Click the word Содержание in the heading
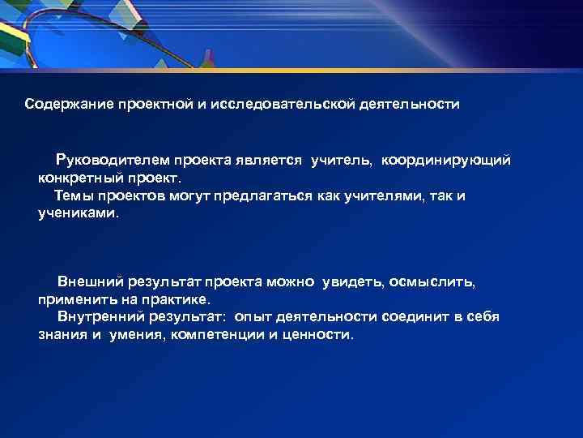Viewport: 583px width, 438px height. (68, 105)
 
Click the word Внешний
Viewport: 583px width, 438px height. (89, 281)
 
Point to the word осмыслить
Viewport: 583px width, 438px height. (438, 281)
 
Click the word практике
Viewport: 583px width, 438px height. (175, 299)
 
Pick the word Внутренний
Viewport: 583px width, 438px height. (101, 317)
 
